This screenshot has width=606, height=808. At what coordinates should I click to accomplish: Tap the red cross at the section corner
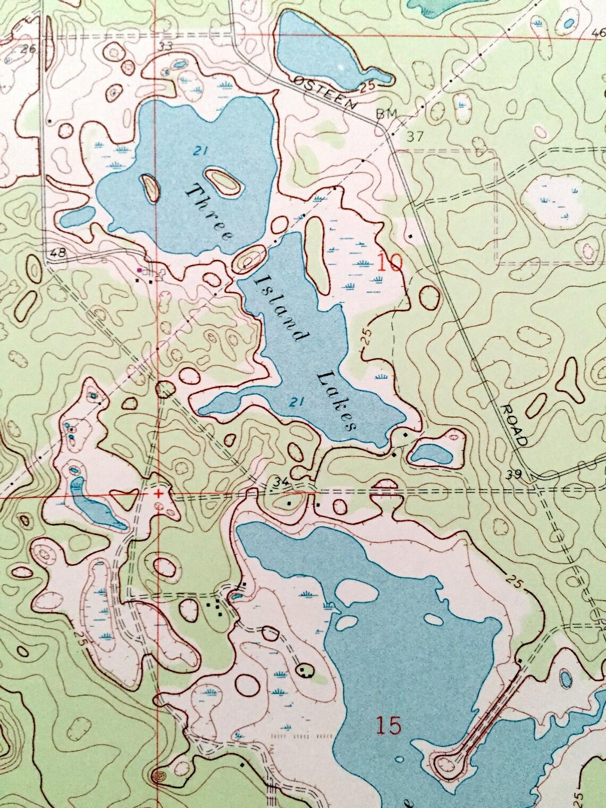coord(158,493)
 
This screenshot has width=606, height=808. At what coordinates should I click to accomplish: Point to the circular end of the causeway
coord(444,765)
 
